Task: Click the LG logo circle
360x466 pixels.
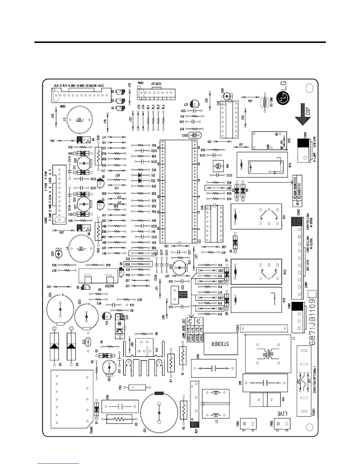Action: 284,97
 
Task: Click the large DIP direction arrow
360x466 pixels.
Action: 303,115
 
